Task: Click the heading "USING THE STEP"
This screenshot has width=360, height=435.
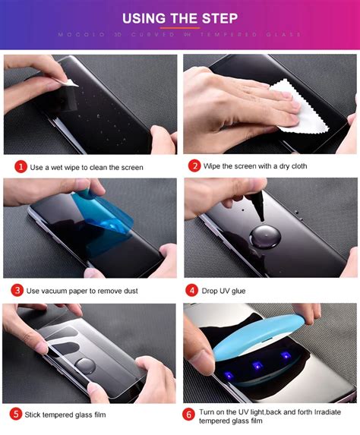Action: tap(180, 17)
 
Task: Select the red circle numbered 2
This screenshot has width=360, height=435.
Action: tap(195, 165)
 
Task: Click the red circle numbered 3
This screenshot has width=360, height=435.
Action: tap(17, 290)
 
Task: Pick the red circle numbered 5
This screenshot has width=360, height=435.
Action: tap(17, 414)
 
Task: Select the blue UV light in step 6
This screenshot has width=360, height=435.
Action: tap(251, 333)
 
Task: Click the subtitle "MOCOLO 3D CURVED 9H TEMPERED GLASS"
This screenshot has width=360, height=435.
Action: tap(180, 35)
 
